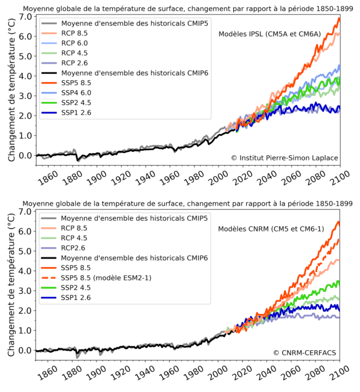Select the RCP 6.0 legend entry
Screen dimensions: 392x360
[76, 44]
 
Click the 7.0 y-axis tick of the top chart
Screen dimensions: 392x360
[25, 17]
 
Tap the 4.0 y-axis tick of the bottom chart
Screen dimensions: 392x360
[25, 271]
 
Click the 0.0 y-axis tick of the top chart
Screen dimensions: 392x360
[25, 155]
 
